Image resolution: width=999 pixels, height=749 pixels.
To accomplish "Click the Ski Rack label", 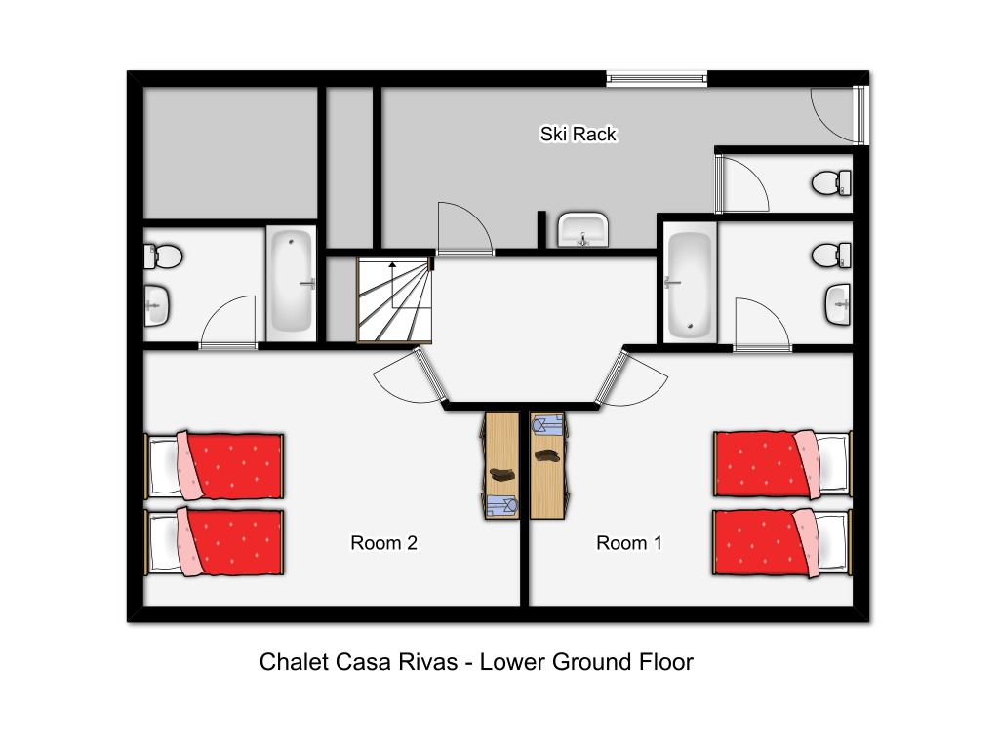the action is pyautogui.click(x=578, y=134).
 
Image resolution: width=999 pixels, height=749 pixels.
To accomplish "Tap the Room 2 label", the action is pyautogui.click(x=383, y=542).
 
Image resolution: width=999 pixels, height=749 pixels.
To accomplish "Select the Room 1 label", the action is pyautogui.click(x=629, y=542).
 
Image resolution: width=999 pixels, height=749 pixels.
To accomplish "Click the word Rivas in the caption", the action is pyautogui.click(x=428, y=662).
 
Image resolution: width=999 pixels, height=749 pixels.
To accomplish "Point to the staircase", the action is pyautogui.click(x=394, y=300).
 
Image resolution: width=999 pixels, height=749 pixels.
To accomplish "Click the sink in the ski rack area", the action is pyautogui.click(x=583, y=229).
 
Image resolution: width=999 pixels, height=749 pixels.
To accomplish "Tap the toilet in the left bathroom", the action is pyautogui.click(x=163, y=256).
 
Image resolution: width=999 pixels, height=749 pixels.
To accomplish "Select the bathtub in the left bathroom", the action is pyautogui.click(x=291, y=281).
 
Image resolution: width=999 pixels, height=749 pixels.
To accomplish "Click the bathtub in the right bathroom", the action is pyautogui.click(x=690, y=284).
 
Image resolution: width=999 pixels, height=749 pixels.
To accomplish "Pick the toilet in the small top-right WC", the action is pyautogui.click(x=831, y=182).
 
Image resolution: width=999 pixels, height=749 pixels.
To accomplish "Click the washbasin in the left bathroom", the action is pyautogui.click(x=156, y=305).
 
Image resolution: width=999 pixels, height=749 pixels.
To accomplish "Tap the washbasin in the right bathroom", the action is pyautogui.click(x=838, y=304).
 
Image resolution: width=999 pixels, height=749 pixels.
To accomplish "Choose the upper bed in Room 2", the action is pyautogui.click(x=214, y=465).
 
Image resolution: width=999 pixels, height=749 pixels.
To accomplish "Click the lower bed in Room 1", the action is pyautogui.click(x=782, y=542).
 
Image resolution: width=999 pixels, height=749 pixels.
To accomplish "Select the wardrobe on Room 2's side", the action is pyautogui.click(x=500, y=465).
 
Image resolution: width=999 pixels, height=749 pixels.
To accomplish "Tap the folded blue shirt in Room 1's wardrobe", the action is pyautogui.click(x=548, y=424).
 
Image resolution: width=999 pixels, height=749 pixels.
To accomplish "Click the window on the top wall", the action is pyautogui.click(x=657, y=79).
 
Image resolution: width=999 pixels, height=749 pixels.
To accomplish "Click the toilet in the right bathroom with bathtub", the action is pyautogui.click(x=831, y=256).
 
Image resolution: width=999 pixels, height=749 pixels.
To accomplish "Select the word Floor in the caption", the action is pyautogui.click(x=665, y=662).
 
